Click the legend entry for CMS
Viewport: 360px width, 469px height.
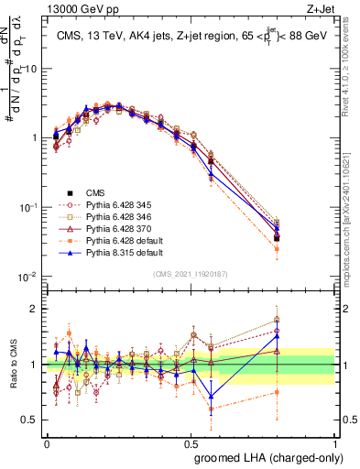click(x=95, y=192)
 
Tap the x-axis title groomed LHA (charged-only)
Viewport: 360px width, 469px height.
click(x=265, y=456)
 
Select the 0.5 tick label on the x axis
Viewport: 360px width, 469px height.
click(x=191, y=441)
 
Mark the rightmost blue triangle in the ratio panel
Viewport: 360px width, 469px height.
click(x=302, y=336)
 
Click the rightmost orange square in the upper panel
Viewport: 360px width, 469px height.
click(x=302, y=248)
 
